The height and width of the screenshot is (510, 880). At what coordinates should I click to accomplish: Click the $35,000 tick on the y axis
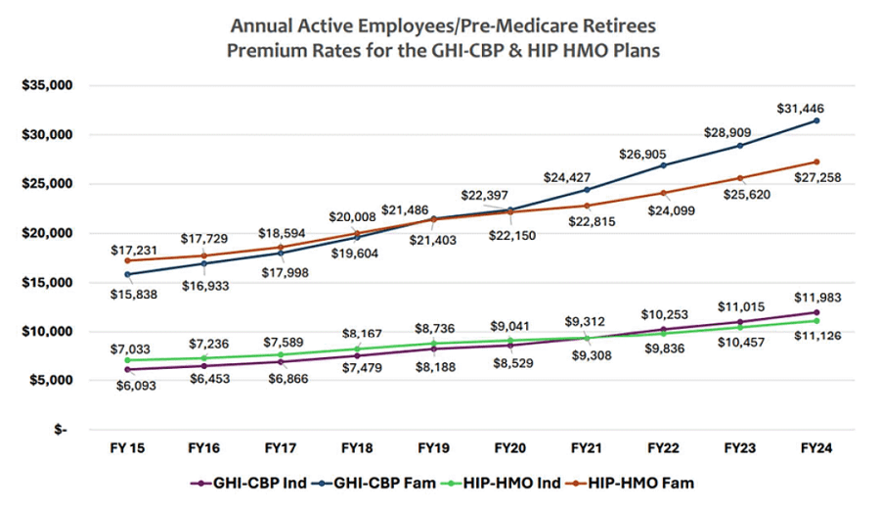pyautogui.click(x=48, y=85)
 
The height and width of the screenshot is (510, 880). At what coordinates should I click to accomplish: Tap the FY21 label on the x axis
pyautogui.click(x=586, y=447)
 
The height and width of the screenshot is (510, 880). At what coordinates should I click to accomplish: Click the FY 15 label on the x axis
pyautogui.click(x=127, y=447)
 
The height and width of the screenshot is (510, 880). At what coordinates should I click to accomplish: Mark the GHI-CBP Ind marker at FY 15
pyautogui.click(x=128, y=369)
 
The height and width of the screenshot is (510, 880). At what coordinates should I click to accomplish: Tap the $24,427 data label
pyautogui.click(x=571, y=176)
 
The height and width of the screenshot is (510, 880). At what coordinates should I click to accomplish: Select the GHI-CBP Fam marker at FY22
pyautogui.click(x=663, y=165)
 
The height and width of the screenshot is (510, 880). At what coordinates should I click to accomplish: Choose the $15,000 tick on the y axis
pyautogui.click(x=48, y=283)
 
